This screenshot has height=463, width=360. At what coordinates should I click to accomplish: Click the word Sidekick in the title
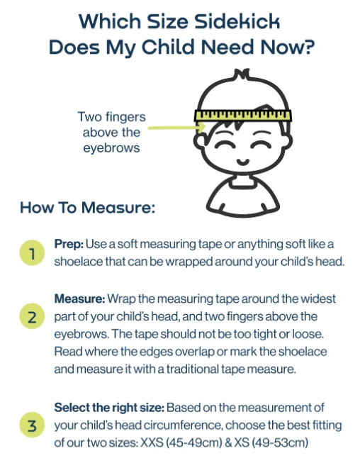coord(237,21)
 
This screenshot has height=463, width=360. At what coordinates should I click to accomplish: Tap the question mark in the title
coord(308,47)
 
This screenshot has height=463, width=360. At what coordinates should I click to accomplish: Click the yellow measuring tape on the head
coord(243,116)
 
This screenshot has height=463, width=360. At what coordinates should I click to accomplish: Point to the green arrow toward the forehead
coord(176,128)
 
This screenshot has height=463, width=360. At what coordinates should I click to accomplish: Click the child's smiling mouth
coord(243,162)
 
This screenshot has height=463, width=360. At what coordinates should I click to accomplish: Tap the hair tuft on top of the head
coord(242,74)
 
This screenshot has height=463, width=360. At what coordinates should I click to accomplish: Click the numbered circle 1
coord(32,253)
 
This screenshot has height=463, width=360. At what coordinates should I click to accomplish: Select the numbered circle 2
coord(32,316)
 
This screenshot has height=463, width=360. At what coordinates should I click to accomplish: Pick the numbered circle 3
coord(32,425)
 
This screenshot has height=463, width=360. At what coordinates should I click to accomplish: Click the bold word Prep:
coord(69,245)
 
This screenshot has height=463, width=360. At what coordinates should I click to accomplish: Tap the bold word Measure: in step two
coord(79,299)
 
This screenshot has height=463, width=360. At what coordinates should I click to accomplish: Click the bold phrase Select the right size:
coord(109,408)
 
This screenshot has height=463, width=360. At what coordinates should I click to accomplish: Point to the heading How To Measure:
coord(88,207)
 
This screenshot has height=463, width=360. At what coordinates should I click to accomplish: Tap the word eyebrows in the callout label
coord(111,148)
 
